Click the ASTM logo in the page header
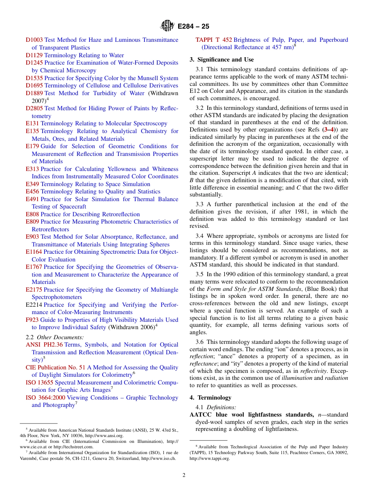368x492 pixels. [x=168, y=26]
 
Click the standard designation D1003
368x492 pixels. [x=34, y=40]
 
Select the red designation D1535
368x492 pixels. [x=34, y=78]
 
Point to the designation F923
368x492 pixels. [x=32, y=320]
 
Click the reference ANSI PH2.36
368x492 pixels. [x=44, y=345]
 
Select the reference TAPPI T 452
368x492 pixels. [x=213, y=40]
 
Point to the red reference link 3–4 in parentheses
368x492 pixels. [x=330, y=130]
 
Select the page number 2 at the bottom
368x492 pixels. [x=184, y=475]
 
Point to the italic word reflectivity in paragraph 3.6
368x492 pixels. [x=313, y=371]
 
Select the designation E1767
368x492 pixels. [x=34, y=267]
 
